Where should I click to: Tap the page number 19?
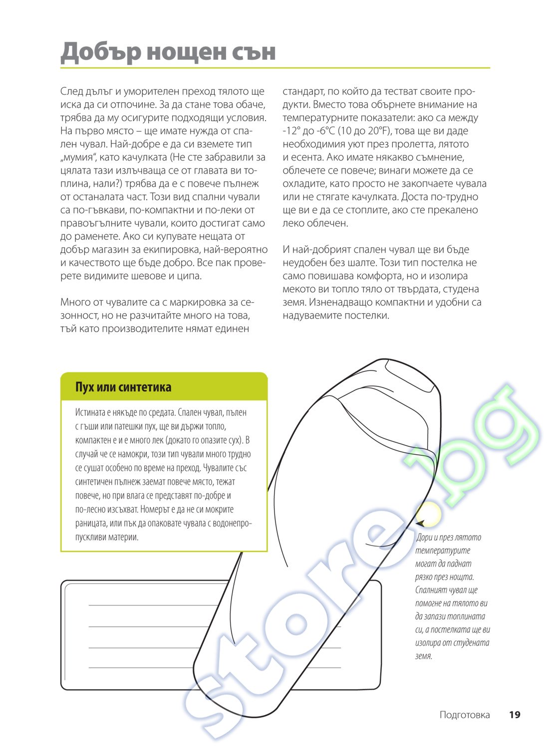click(x=515, y=715)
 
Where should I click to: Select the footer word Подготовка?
click(x=465, y=715)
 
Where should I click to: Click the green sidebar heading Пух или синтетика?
click(x=123, y=387)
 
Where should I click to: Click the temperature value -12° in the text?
click(x=291, y=131)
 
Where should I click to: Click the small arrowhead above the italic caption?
click(x=421, y=523)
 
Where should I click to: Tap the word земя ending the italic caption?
click(x=423, y=656)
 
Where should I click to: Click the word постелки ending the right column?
click(x=366, y=316)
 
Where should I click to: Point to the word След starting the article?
click(x=71, y=92)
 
